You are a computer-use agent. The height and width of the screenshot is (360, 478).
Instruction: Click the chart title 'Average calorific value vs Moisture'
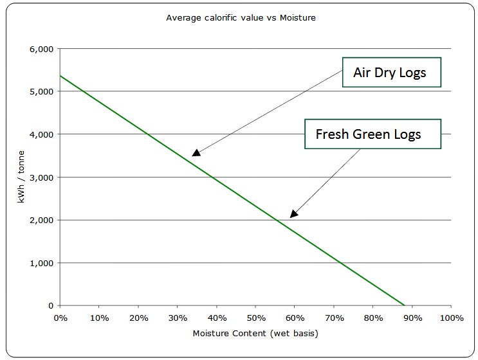pyautogui.click(x=241, y=17)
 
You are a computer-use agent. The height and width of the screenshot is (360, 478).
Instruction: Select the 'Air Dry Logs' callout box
pyautogui.click(x=390, y=72)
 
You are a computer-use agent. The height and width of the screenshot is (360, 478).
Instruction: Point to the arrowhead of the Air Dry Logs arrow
pyautogui.click(x=196, y=153)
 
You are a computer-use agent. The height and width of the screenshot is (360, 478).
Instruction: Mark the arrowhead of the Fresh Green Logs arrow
pyautogui.click(x=293, y=214)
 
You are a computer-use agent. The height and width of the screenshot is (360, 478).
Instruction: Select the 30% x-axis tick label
pyautogui.click(x=178, y=318)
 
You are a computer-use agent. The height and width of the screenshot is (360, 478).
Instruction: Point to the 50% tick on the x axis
pyautogui.click(x=256, y=318)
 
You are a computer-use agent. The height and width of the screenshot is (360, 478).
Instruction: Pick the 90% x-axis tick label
pyautogui.click(x=412, y=318)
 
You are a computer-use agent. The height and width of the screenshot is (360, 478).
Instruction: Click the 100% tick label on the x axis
pyautogui.click(x=452, y=318)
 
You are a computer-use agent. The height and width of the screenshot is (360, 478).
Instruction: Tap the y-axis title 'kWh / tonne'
pyautogui.click(x=22, y=177)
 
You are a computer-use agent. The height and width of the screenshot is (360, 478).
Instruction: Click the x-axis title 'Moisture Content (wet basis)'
pyautogui.click(x=255, y=334)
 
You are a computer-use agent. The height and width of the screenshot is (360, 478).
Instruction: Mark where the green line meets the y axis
pyautogui.click(x=60, y=76)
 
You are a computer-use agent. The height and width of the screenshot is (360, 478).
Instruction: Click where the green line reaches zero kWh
pyautogui.click(x=405, y=305)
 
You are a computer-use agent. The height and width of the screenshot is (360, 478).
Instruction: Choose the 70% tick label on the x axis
pyautogui.click(x=334, y=318)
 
